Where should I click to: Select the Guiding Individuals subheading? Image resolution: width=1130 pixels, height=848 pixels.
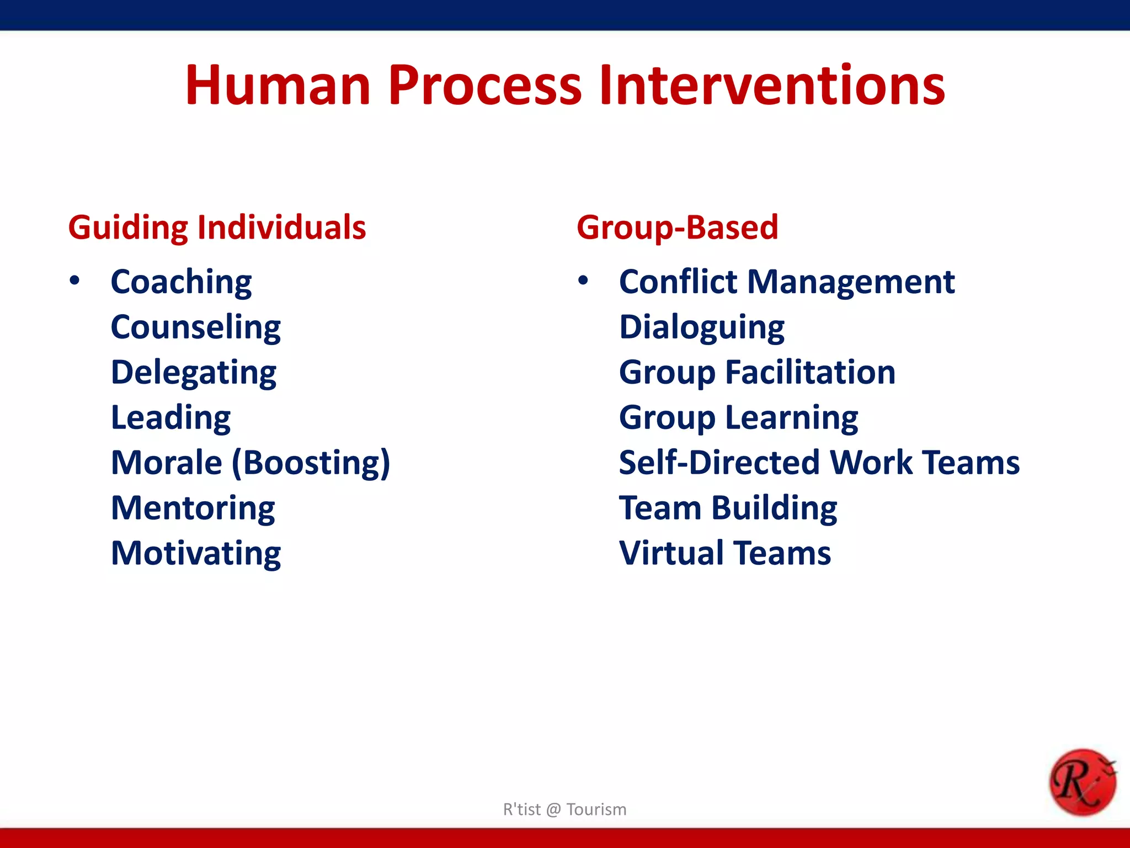pyautogui.click(x=217, y=227)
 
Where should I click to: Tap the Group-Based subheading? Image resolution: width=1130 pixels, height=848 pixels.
pyautogui.click(x=677, y=227)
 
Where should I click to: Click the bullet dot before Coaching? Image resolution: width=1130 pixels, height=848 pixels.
pyautogui.click(x=74, y=281)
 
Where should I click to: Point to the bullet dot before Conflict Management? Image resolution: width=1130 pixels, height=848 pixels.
pyautogui.click(x=583, y=281)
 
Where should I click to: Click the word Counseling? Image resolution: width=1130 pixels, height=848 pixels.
pyautogui.click(x=196, y=327)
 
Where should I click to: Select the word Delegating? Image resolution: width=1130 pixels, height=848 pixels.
pyautogui.click(x=194, y=373)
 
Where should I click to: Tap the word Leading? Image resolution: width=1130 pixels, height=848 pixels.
pyautogui.click(x=170, y=418)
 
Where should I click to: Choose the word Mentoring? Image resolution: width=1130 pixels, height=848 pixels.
pyautogui.click(x=193, y=508)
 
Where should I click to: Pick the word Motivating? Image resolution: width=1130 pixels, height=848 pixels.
pyautogui.click(x=196, y=553)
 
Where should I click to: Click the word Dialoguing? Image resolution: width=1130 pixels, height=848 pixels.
pyautogui.click(x=701, y=327)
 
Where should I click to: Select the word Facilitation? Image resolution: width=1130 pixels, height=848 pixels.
pyautogui.click(x=810, y=373)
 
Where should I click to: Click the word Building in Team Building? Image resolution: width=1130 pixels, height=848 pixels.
pyautogui.click(x=774, y=508)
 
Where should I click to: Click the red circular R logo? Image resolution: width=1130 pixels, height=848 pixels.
pyautogui.click(x=1082, y=782)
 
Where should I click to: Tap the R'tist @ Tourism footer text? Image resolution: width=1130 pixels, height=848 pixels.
pyautogui.click(x=564, y=809)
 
